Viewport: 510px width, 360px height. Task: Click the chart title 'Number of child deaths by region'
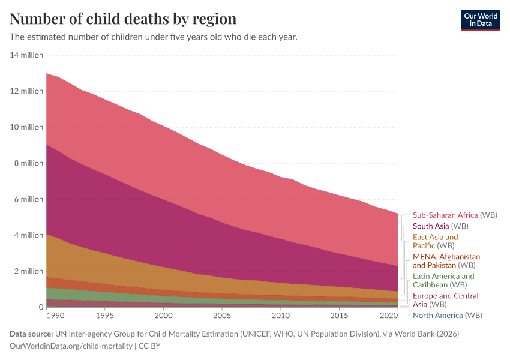[x=123, y=19]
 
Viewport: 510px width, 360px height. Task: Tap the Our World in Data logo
[x=480, y=20]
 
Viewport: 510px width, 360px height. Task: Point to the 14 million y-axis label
[x=27, y=55]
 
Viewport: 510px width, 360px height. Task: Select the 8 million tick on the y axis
[x=29, y=163]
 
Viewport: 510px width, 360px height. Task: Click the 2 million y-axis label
[x=29, y=271]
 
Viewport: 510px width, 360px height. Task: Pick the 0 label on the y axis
[x=41, y=307]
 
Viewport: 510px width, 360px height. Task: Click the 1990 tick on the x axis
[x=55, y=316]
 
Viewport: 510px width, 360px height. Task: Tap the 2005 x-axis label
[x=222, y=316]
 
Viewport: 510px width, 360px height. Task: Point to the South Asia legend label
[x=440, y=226]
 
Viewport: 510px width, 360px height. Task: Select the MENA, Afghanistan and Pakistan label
[x=446, y=260]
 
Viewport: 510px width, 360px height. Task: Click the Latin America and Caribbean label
[x=443, y=280]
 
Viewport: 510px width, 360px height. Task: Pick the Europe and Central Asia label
[x=445, y=300]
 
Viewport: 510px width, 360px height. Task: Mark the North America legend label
[x=447, y=315]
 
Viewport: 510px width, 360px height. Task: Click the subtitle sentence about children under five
[x=154, y=37]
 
